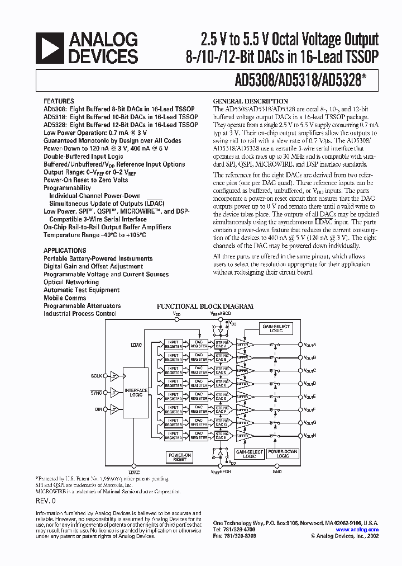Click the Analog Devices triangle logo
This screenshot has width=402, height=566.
[49, 48]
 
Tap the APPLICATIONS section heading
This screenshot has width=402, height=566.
[65, 251]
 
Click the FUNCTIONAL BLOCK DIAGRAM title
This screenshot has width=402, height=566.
[205, 306]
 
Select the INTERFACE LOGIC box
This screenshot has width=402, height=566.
[136, 393]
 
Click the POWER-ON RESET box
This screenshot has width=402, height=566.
[180, 457]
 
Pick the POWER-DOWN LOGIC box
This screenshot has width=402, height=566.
[283, 454]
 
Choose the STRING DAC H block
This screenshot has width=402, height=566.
[222, 436]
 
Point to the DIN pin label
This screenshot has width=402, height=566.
[98, 409]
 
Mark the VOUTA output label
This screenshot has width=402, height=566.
[310, 345]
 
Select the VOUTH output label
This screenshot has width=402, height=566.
[310, 436]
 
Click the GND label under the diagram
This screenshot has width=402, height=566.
[277, 471]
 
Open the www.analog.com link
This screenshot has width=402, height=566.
[358, 530]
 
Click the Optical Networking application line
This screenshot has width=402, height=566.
[71, 282]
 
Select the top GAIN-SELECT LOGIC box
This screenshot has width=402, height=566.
[273, 328]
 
